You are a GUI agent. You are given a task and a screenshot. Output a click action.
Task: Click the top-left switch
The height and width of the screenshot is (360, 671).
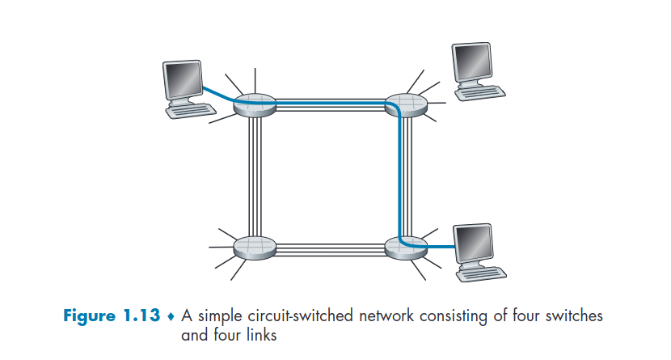tap(253, 106)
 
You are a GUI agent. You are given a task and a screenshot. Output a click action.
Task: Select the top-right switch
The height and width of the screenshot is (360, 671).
tap(404, 106)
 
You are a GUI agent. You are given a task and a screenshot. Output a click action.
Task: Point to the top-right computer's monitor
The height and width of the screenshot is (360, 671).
tap(472, 59)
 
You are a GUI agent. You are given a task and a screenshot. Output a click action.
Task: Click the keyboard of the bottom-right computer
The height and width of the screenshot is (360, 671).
tap(483, 273)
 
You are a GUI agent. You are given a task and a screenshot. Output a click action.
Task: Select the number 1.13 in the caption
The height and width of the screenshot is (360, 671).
tap(143, 316)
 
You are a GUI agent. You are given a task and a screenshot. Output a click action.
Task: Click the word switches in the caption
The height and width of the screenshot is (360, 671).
tap(575, 316)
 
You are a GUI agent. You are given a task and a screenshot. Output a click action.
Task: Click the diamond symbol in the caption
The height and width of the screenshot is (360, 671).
tap(171, 316)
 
